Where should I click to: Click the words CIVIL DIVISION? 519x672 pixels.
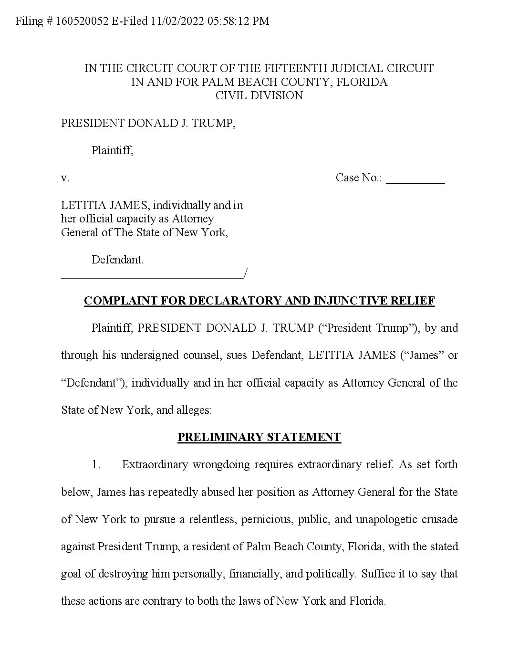259,95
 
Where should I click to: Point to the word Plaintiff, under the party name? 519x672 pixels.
113,151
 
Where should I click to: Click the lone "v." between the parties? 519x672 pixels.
65,178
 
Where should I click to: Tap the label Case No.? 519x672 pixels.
359,178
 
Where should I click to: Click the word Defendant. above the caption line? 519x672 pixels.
117,260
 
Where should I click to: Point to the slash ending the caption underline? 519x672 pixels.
245,273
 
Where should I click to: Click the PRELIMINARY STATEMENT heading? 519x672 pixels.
259,437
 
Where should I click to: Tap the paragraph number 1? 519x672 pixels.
96,464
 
